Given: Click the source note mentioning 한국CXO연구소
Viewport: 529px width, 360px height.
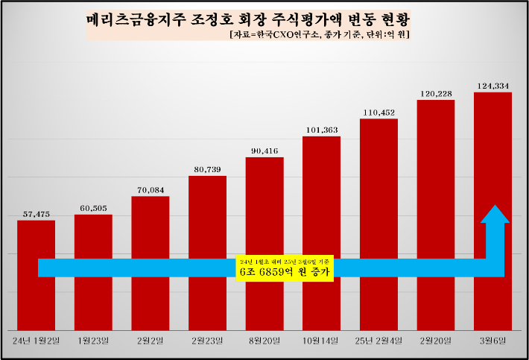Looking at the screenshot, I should coord(320,35).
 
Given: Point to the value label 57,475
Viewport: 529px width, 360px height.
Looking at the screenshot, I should coord(36,215).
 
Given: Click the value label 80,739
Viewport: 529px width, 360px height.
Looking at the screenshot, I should coord(207,170).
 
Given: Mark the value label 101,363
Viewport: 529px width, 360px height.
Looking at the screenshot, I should coord(321,130).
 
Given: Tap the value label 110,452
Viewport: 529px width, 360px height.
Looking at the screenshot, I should coord(378,113).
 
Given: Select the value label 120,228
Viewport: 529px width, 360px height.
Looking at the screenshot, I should coord(436,94).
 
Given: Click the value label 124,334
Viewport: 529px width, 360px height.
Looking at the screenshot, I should coord(492,86).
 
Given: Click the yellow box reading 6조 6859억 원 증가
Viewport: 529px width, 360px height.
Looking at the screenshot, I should coord(284,268).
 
